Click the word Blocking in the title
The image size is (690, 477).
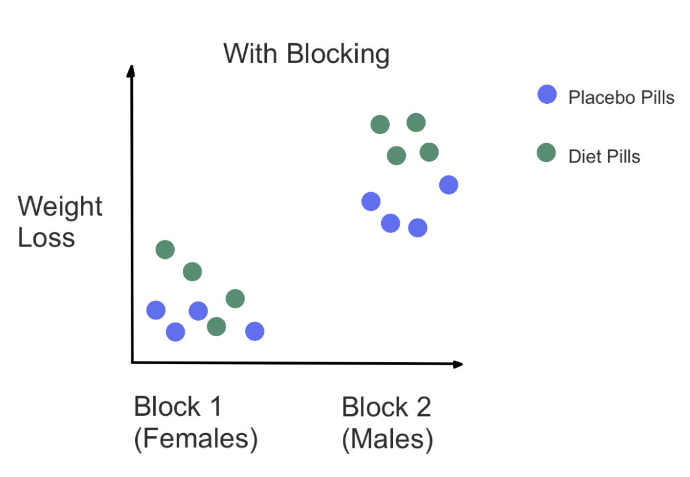[x=338, y=54]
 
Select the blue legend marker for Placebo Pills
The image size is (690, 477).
[x=547, y=95]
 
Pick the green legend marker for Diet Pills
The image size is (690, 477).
[x=546, y=152]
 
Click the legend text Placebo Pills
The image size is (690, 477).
[x=621, y=97]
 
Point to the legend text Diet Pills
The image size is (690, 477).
[x=604, y=156]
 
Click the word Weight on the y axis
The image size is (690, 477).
[x=60, y=207]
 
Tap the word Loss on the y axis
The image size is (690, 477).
[x=46, y=238]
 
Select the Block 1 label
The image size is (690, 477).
[x=177, y=407]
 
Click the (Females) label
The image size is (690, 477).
[x=195, y=439]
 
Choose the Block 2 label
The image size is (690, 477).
[x=386, y=407]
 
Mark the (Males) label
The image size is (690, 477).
[x=387, y=439]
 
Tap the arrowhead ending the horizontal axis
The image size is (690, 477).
[x=457, y=364]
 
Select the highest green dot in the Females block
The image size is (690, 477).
[x=165, y=250]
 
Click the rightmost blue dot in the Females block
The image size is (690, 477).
[x=255, y=332]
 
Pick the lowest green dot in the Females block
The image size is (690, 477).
[x=216, y=326]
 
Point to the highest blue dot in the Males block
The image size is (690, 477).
[x=448, y=184]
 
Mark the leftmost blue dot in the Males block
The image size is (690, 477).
[x=371, y=201]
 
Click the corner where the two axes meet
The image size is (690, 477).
[x=132, y=362]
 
